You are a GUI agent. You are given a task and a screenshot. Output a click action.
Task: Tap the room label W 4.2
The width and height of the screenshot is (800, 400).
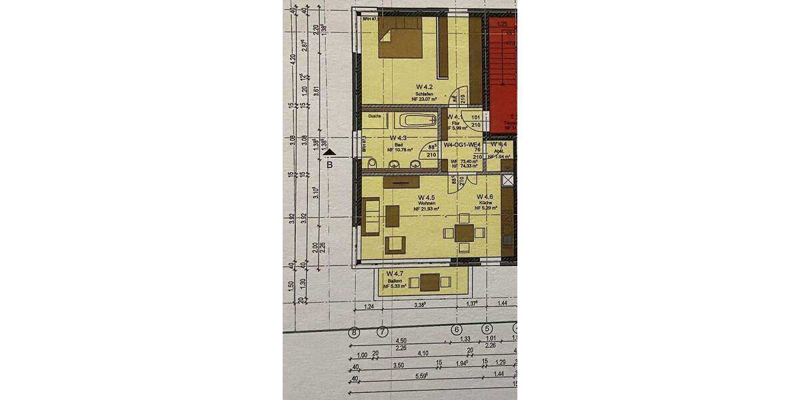point(425,87)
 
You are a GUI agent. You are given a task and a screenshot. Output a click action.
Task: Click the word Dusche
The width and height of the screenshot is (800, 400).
point(373,116)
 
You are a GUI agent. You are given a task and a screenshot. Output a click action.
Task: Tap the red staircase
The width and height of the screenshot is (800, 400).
point(503,73)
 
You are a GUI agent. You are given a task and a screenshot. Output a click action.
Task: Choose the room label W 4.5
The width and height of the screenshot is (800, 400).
point(426,198)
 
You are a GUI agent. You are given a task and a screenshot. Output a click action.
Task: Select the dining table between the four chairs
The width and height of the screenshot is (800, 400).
point(464,233)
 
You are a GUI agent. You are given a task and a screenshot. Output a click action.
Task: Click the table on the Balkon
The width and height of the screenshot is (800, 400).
point(430,282)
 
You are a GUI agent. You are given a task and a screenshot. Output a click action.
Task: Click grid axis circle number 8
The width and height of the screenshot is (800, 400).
point(355,331)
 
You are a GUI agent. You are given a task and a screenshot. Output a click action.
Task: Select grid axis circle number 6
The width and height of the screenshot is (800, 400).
point(457,329)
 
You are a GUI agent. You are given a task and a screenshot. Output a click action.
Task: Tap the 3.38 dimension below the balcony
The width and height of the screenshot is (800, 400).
point(419,305)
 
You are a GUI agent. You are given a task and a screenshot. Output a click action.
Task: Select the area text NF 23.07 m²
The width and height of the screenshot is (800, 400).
point(425,99)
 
